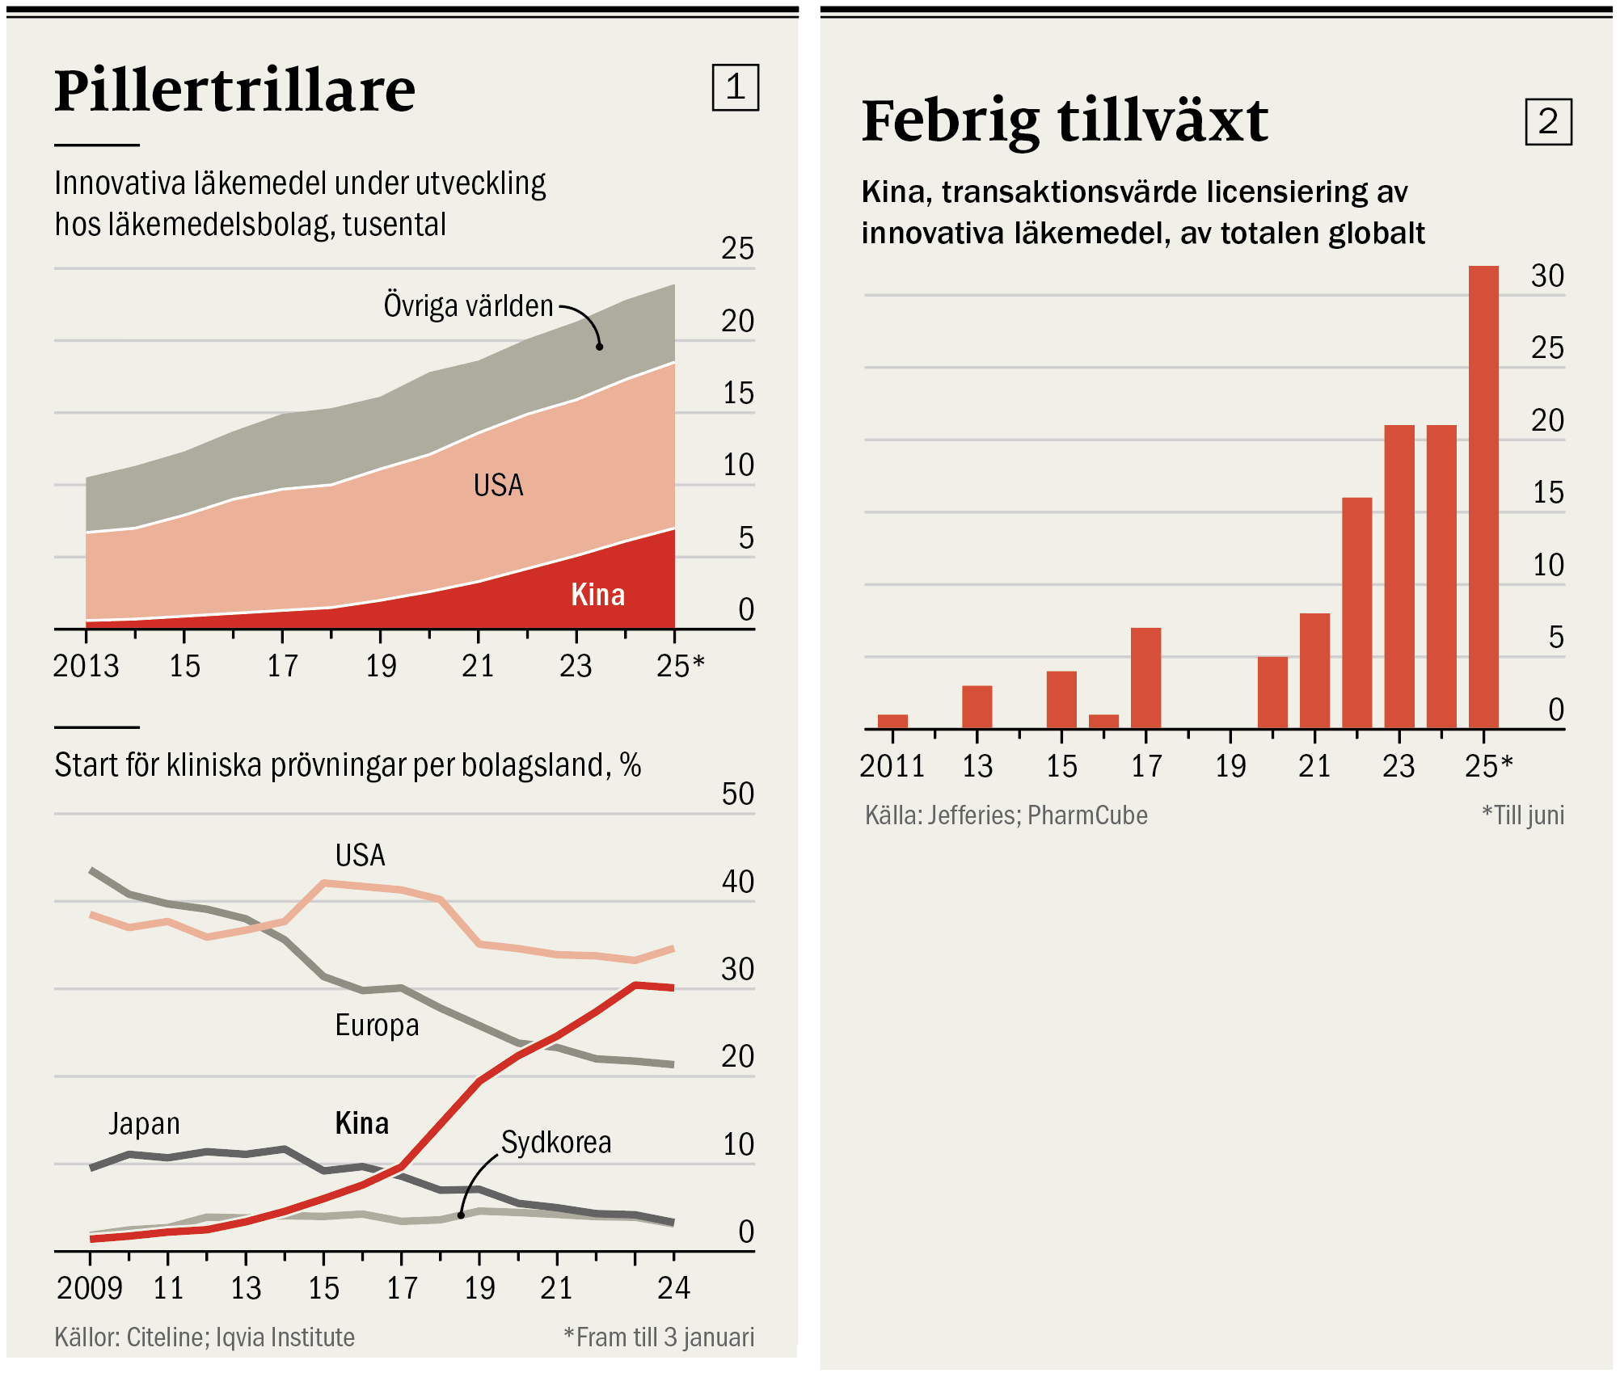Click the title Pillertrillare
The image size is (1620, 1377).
point(234,91)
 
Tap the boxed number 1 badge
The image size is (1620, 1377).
point(735,87)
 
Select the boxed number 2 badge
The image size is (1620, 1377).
point(1548,122)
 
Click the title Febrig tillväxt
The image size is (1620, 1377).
point(1065,121)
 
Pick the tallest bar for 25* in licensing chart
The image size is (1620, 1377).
point(1483,497)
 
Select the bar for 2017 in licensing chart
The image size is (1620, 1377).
point(1145,678)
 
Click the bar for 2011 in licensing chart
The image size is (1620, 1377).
point(892,722)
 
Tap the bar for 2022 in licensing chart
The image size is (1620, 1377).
point(1357,613)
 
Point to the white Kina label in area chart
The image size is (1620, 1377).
point(598,595)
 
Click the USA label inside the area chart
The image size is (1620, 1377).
point(498,485)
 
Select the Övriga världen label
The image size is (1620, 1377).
point(468,306)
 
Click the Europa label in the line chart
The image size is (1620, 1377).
point(377,1025)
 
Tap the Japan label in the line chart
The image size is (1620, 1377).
point(144,1124)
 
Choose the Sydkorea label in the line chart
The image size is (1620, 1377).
point(556,1143)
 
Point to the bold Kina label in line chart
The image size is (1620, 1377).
point(361,1124)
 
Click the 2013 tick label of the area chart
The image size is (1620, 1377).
point(86,667)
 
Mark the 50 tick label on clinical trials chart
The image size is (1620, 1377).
point(737,794)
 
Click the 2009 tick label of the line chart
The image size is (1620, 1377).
point(89,1288)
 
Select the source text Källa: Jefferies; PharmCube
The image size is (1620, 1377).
point(1006,815)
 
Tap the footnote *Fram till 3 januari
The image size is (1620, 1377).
point(659,1337)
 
